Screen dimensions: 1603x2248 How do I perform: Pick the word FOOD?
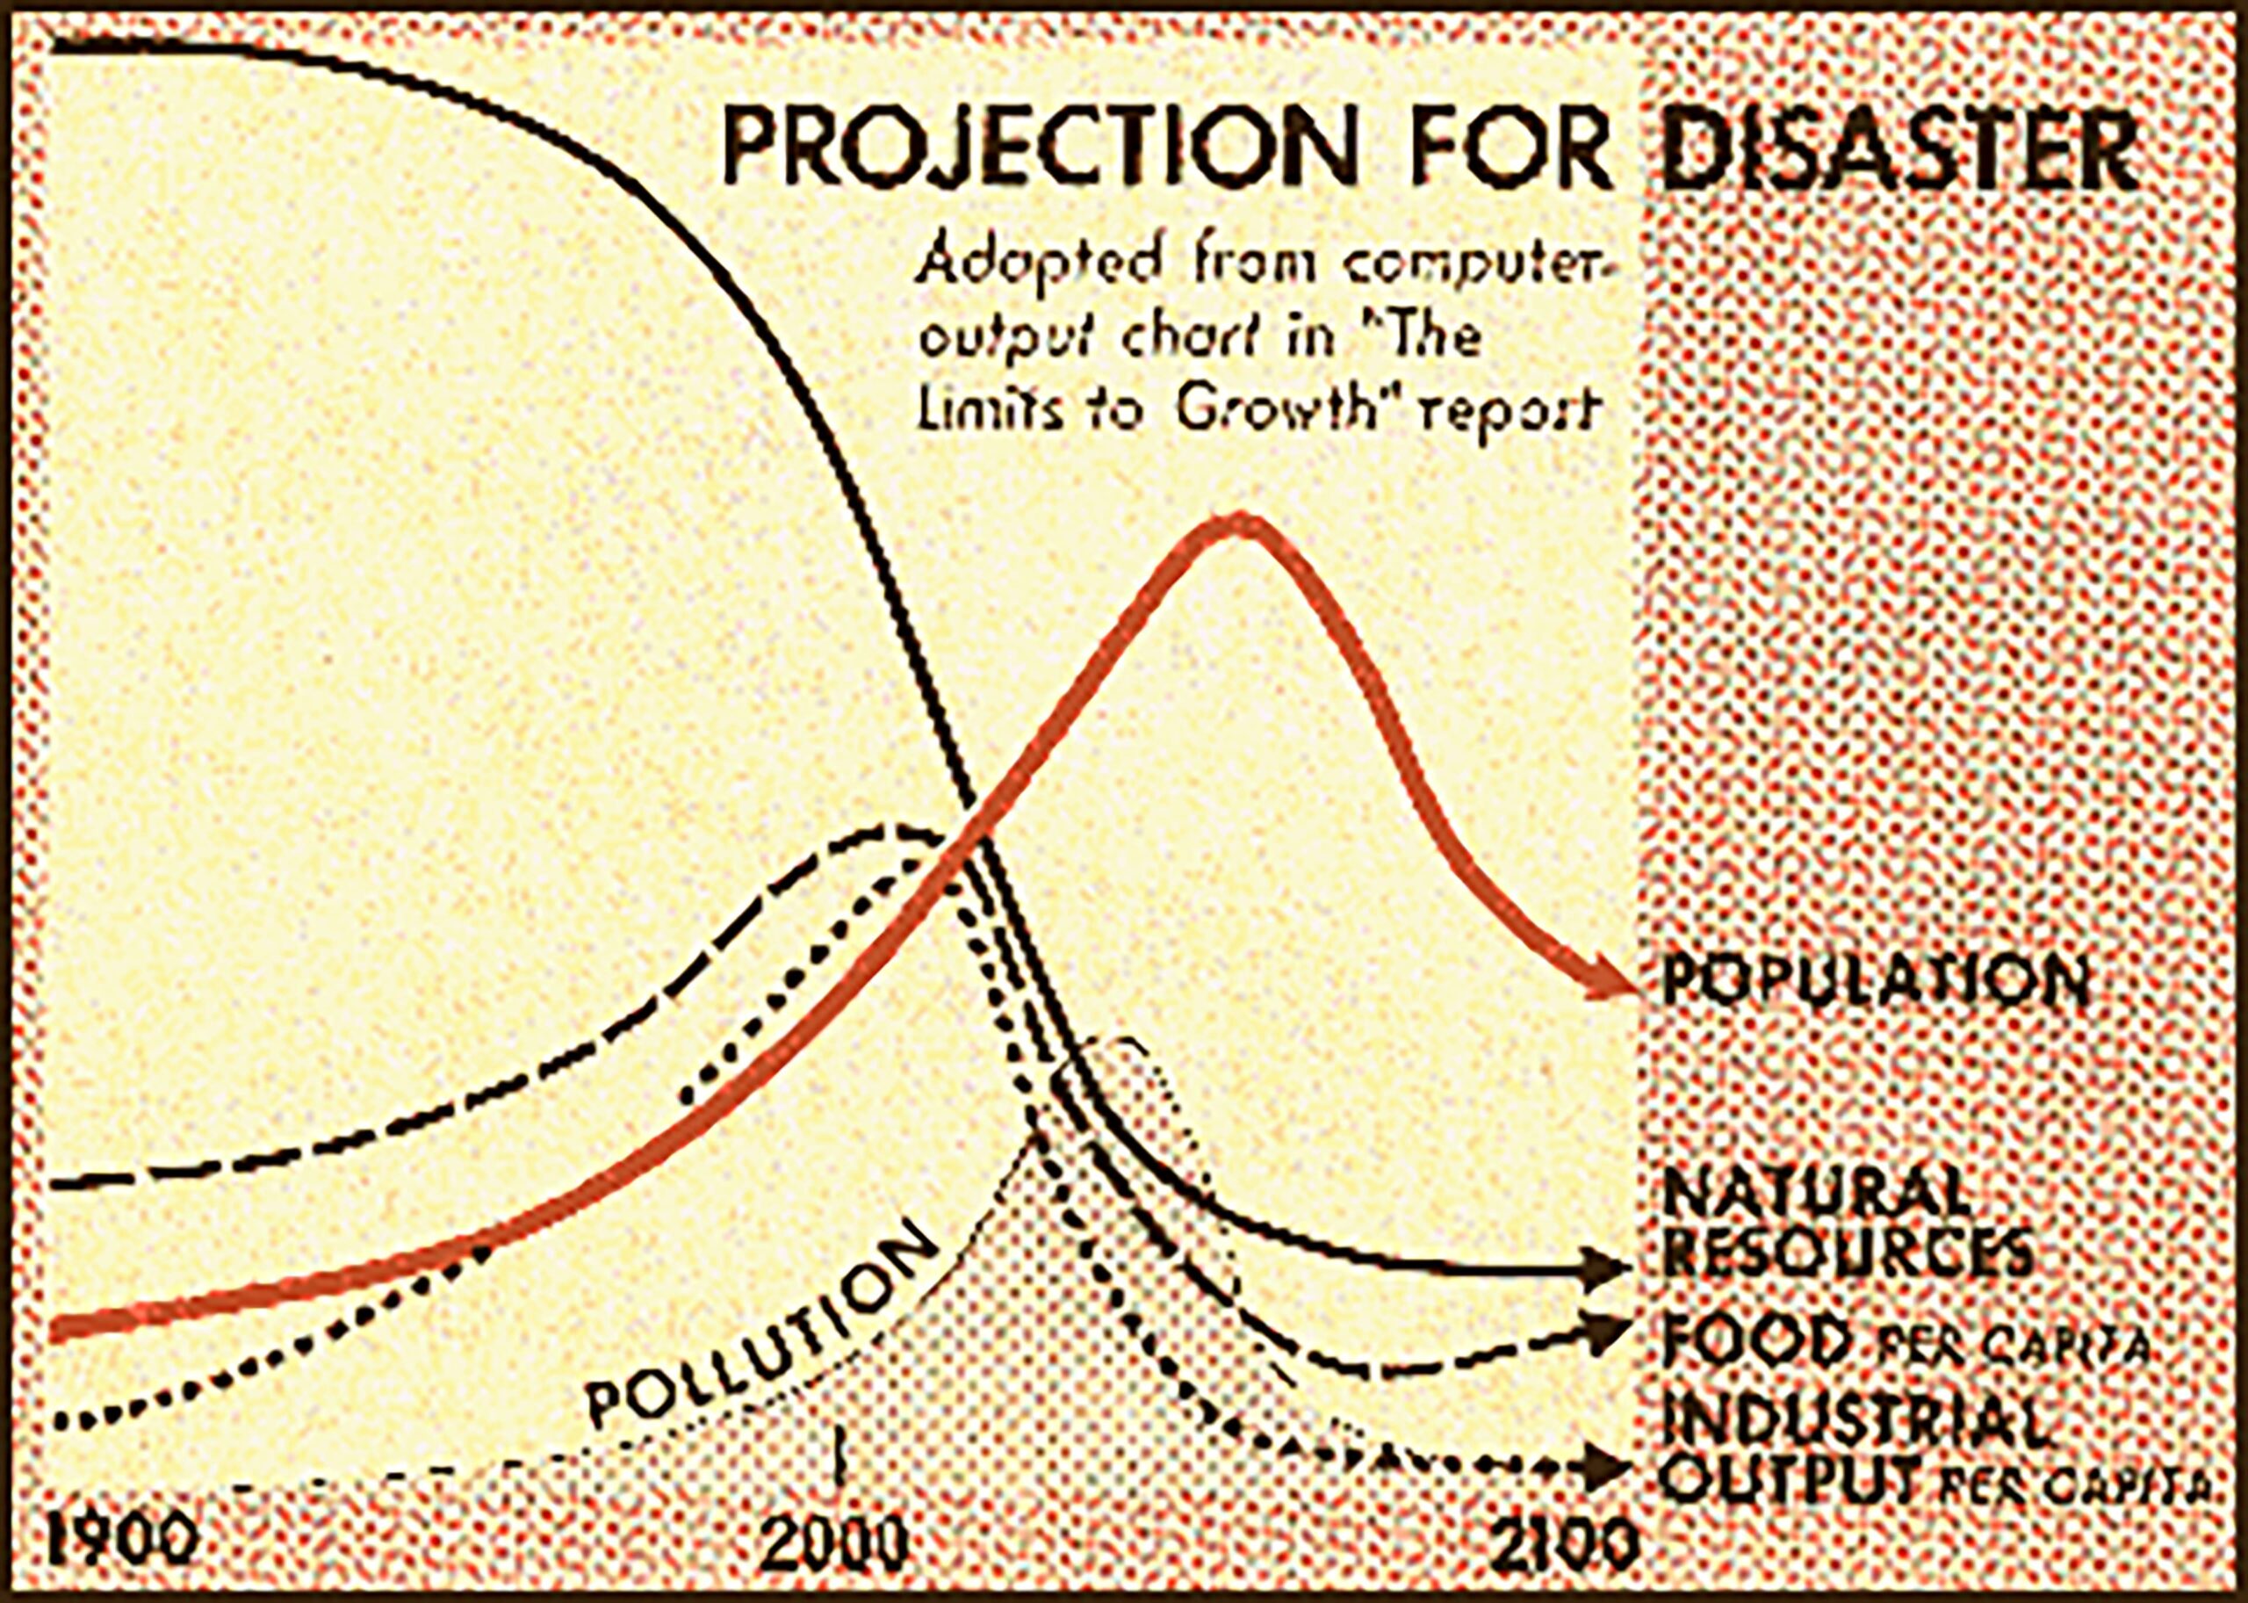tap(1756, 1339)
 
